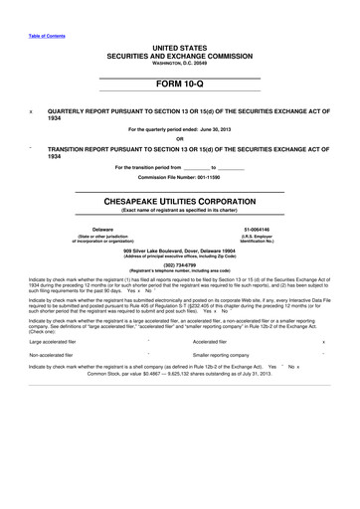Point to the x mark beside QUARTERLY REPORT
tap(34, 112)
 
